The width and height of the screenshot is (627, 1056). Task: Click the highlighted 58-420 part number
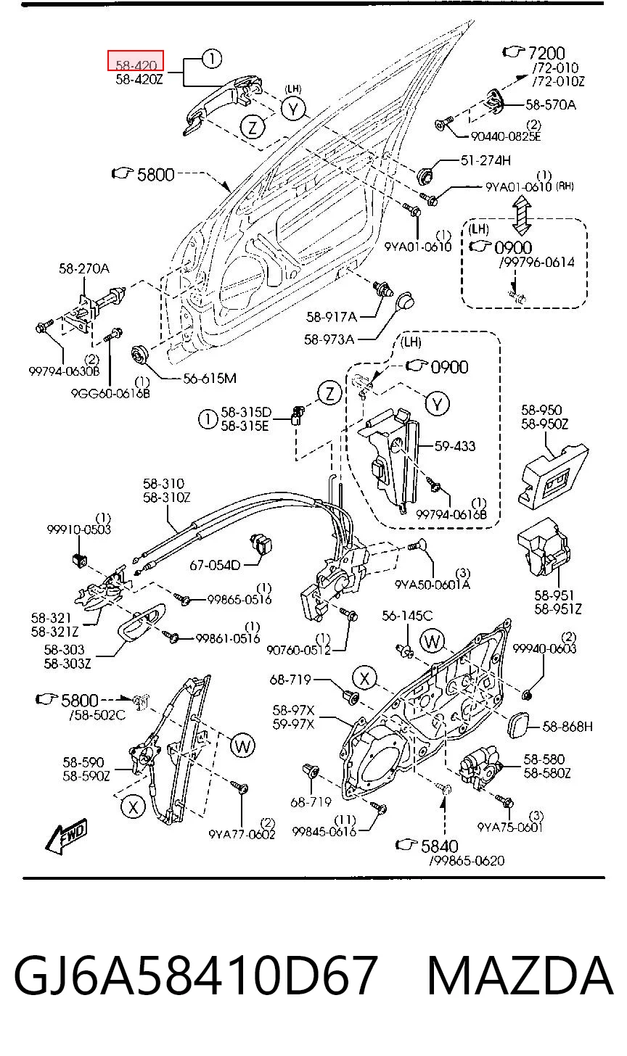point(136,65)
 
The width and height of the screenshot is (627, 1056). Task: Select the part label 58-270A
point(84,268)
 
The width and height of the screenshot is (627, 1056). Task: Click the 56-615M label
point(210,378)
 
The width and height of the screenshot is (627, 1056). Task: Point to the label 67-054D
point(215,565)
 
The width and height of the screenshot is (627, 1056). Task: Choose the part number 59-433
point(455,446)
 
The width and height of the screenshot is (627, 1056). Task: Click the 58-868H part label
point(567,727)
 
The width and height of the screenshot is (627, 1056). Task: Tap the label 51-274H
point(485,160)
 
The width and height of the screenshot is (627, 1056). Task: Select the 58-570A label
point(551,104)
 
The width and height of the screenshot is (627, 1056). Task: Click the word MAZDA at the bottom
point(520,975)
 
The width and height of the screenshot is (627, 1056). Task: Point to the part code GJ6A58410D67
point(195,975)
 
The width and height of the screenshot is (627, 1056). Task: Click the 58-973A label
point(329,339)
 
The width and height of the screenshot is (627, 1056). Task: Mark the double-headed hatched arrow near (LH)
point(521,216)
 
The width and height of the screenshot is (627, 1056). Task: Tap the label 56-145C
point(407,616)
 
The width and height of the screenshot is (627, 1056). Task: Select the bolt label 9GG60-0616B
point(110,392)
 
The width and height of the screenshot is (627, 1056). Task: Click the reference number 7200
point(546,52)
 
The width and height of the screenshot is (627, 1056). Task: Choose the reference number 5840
point(440,846)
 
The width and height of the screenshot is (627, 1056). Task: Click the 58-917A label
point(332,317)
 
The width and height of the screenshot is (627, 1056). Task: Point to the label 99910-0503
point(79,529)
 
